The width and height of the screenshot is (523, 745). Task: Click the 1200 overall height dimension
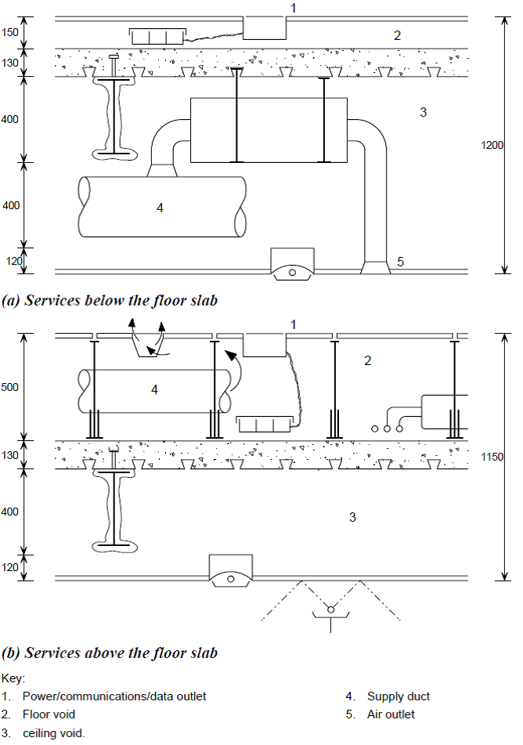pyautogui.click(x=492, y=145)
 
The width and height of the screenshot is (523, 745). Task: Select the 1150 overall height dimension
pyautogui.click(x=492, y=456)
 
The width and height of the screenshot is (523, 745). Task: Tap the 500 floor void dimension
pyautogui.click(x=12, y=387)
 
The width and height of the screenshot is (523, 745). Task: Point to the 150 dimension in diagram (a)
pyautogui.click(x=10, y=32)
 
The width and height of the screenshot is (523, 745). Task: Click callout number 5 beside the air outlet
pyautogui.click(x=400, y=262)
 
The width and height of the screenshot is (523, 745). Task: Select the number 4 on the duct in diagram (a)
pyautogui.click(x=160, y=208)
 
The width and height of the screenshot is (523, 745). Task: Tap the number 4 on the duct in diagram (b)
pyautogui.click(x=154, y=389)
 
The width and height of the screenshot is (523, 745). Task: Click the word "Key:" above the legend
pyautogui.click(x=14, y=678)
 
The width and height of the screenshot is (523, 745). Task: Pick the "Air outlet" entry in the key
pyautogui.click(x=391, y=714)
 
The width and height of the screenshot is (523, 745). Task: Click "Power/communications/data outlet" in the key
pyautogui.click(x=114, y=696)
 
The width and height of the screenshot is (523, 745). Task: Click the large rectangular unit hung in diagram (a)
pyautogui.click(x=269, y=130)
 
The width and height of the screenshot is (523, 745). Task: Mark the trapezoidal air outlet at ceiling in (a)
pyautogui.click(x=376, y=268)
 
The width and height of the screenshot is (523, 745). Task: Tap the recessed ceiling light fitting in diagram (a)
pyautogui.click(x=292, y=265)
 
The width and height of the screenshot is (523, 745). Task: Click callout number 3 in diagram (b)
pyautogui.click(x=352, y=517)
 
